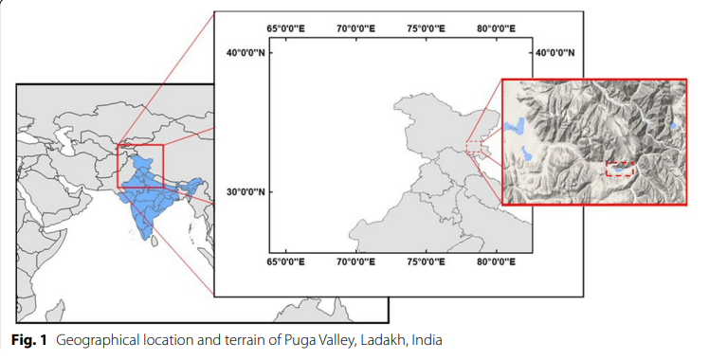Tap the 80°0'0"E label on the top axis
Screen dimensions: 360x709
496,29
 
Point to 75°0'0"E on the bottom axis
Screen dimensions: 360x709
426,261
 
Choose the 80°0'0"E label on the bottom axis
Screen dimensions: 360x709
496,261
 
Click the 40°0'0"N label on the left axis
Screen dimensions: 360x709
245,53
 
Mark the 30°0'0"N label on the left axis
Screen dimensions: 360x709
245,192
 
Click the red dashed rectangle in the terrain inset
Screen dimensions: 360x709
620,168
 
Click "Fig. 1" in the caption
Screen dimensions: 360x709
28,339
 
